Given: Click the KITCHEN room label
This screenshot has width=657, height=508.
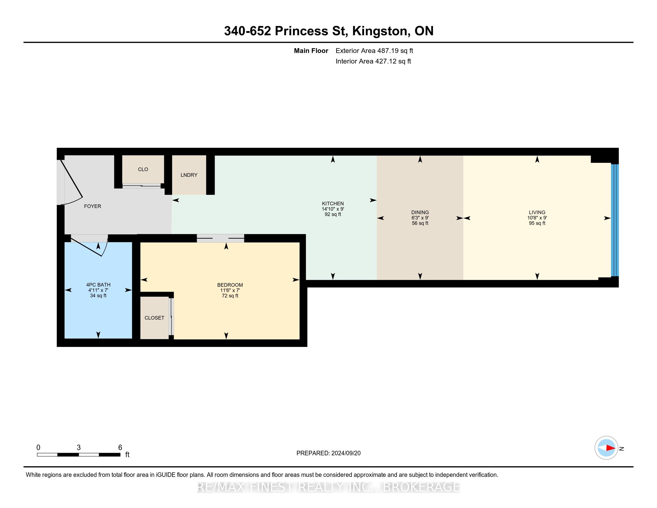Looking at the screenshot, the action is pyautogui.click(x=333, y=203).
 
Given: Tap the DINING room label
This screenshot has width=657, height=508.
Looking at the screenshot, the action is pyautogui.click(x=420, y=212).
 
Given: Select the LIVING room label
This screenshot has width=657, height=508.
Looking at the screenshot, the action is pyautogui.click(x=537, y=212).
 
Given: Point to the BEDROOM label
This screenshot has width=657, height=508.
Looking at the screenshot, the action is pyautogui.click(x=230, y=285).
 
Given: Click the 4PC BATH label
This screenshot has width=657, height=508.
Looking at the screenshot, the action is pyautogui.click(x=98, y=285).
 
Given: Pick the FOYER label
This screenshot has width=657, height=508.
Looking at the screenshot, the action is pyautogui.click(x=92, y=206).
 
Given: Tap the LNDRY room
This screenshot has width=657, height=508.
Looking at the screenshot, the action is pyautogui.click(x=189, y=175).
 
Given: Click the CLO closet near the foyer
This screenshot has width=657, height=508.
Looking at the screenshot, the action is pyautogui.click(x=143, y=169).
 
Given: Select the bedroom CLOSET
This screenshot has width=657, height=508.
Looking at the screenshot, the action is pyautogui.click(x=154, y=318).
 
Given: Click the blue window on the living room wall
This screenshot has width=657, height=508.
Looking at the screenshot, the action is pyautogui.click(x=615, y=220).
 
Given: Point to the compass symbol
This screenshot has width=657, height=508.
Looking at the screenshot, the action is pyautogui.click(x=607, y=448).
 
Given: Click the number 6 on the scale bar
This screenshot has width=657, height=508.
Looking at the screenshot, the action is pyautogui.click(x=120, y=448).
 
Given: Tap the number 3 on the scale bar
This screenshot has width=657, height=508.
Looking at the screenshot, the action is pyautogui.click(x=79, y=448).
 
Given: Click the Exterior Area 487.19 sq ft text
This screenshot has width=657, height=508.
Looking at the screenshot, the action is pyautogui.click(x=374, y=51).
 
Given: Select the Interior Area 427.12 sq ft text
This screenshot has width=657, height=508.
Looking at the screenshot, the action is pyautogui.click(x=373, y=61).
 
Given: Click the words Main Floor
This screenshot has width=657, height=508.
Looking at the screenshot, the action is pyautogui.click(x=311, y=51).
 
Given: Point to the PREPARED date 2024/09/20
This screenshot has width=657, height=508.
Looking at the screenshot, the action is pyautogui.click(x=346, y=453).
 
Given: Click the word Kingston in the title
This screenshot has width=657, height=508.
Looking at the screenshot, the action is pyautogui.click(x=380, y=31).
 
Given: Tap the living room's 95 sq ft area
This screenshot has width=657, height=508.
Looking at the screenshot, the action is pyautogui.click(x=537, y=223).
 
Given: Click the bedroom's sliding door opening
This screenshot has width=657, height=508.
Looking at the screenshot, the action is pyautogui.click(x=220, y=238).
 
